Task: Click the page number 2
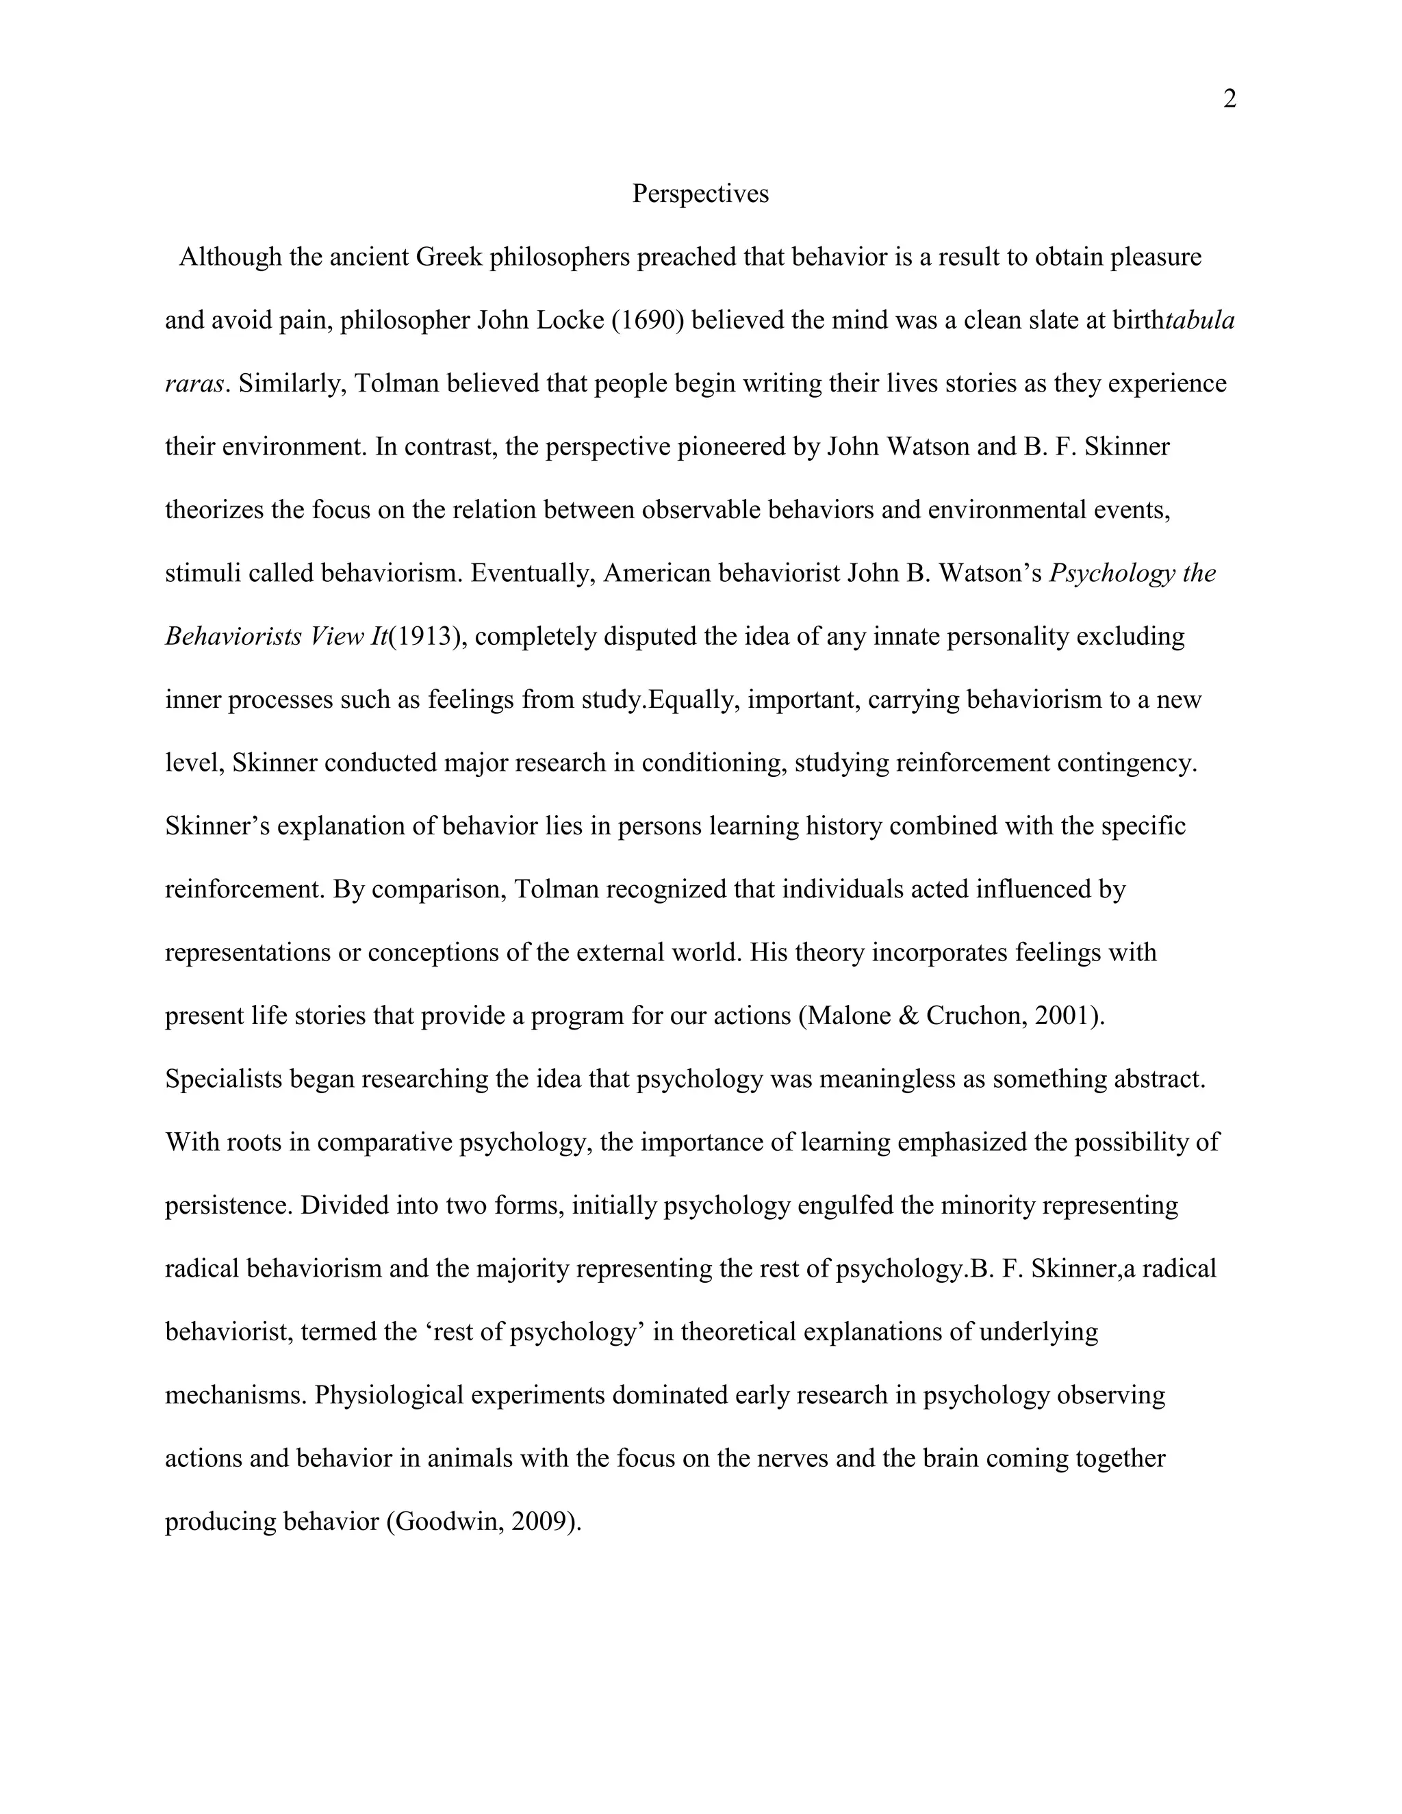(1230, 100)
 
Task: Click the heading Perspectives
(700, 194)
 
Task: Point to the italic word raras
(194, 384)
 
